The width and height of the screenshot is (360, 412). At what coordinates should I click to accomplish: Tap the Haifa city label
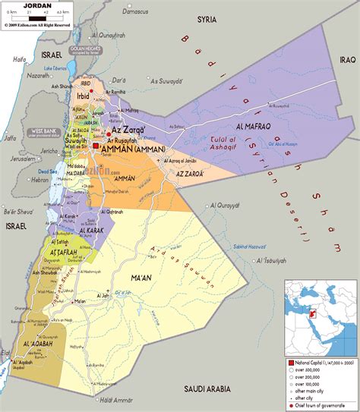(20, 58)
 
